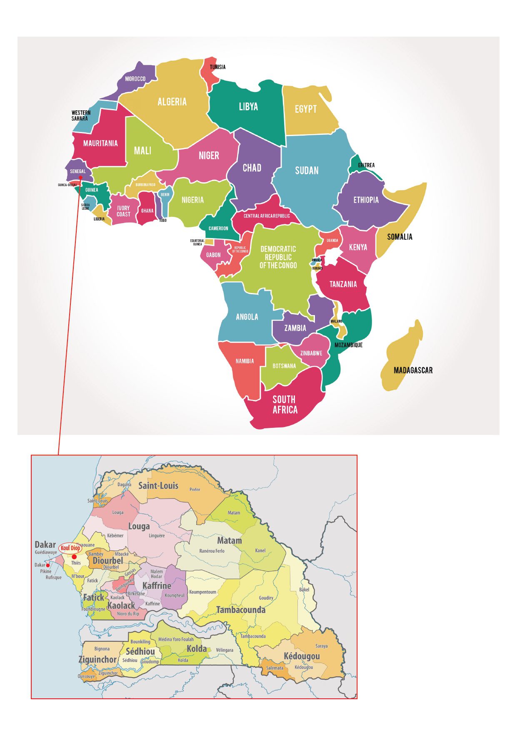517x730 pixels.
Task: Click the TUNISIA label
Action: point(217,67)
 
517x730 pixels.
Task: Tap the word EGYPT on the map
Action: point(306,109)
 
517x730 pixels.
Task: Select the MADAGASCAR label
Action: point(413,370)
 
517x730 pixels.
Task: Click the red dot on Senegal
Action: point(80,177)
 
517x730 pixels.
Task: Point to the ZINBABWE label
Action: point(311,353)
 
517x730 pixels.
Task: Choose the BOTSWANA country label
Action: point(284,366)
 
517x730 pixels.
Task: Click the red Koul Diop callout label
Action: point(70,548)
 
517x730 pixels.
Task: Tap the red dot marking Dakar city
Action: point(48,566)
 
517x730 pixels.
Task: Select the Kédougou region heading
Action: point(302,656)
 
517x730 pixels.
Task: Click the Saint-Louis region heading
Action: point(158,485)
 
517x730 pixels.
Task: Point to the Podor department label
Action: point(195,489)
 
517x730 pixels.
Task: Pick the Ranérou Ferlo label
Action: point(212,551)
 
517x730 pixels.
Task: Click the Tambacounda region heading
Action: point(240,610)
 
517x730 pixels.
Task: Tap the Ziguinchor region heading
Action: point(97,659)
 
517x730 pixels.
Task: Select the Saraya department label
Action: point(321,646)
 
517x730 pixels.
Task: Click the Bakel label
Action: point(304,590)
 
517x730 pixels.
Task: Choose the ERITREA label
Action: point(366,165)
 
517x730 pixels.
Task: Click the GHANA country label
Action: point(147,211)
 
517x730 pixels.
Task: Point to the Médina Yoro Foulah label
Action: point(176,639)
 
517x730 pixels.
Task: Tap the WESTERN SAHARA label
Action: point(81,115)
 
